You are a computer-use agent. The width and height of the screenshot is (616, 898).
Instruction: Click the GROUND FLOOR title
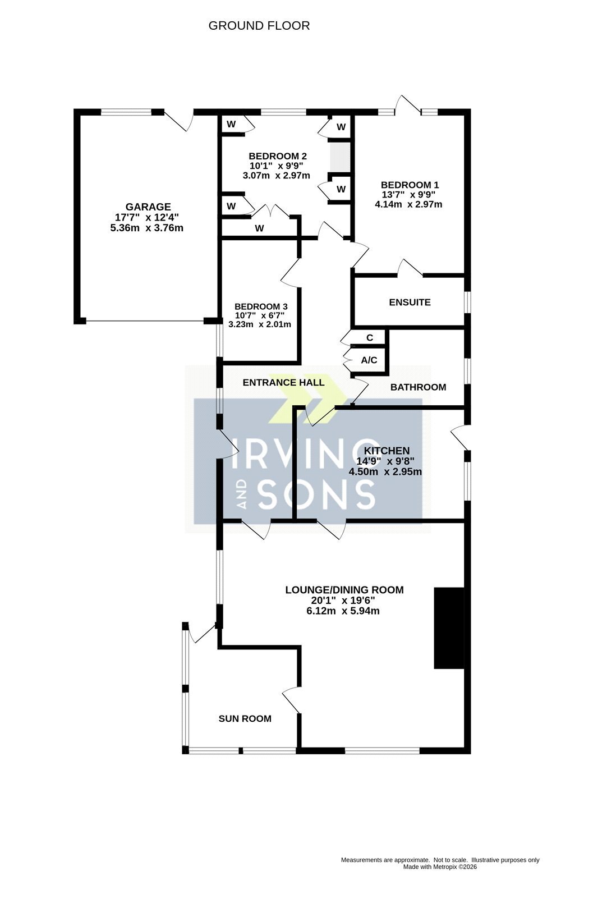(259, 26)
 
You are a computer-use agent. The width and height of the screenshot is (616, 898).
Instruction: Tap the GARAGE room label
(148, 207)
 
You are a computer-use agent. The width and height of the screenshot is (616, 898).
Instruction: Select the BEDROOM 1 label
(410, 185)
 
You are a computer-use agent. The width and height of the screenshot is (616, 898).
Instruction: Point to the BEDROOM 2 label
(278, 156)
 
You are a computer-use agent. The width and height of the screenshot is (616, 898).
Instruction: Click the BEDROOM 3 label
(261, 306)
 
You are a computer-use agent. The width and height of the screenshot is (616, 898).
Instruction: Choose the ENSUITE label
(410, 303)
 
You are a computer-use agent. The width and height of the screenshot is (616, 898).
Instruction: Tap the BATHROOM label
(418, 387)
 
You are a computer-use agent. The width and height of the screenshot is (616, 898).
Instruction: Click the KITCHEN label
(387, 451)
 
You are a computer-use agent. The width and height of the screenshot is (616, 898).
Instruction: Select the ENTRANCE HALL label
(283, 382)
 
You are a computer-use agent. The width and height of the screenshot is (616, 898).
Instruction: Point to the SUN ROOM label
(245, 719)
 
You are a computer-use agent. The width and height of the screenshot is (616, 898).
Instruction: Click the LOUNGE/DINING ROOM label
(344, 590)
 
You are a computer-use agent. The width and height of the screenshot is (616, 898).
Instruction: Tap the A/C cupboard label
(369, 360)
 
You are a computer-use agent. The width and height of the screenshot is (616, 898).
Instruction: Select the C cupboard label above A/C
(370, 337)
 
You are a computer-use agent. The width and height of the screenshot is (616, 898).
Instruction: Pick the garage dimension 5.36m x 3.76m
(146, 228)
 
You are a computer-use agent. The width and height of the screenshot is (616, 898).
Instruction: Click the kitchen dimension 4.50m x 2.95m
(385, 472)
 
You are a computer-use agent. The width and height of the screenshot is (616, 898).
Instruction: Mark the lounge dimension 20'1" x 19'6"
(343, 601)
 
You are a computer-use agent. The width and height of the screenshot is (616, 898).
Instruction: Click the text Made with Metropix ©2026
(440, 867)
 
